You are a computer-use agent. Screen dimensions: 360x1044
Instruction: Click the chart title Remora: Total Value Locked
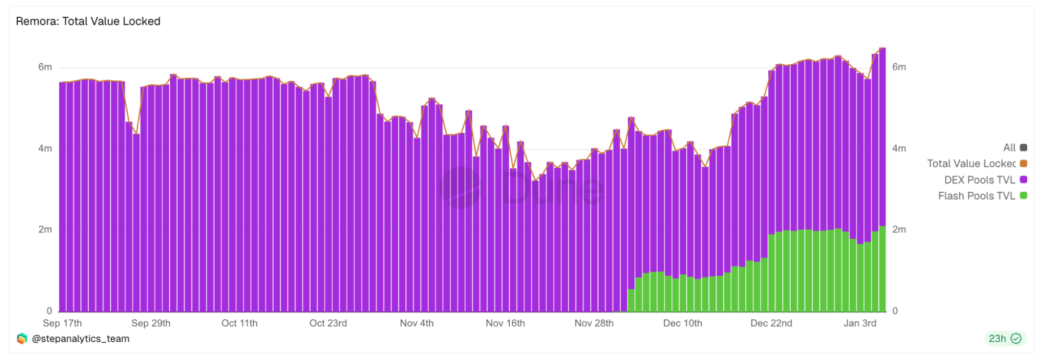point(88,21)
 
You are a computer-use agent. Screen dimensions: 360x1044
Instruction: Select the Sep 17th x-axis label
point(62,323)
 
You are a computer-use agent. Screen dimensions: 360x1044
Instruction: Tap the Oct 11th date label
point(239,323)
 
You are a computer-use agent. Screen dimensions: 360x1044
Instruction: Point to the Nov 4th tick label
point(416,323)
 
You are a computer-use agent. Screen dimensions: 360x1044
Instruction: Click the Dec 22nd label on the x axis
point(771,323)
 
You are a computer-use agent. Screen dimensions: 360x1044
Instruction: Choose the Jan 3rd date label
point(860,323)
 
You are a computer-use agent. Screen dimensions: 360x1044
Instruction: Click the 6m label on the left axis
point(45,67)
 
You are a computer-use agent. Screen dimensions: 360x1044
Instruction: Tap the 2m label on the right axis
point(899,229)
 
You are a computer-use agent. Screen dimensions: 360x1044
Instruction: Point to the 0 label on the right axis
point(895,311)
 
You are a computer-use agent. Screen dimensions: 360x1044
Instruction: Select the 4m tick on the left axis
point(45,148)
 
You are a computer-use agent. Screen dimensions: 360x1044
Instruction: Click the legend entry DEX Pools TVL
point(979,180)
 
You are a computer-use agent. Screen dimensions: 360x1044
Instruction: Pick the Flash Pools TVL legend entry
point(976,196)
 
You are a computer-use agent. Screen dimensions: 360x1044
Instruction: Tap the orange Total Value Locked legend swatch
point(1024,164)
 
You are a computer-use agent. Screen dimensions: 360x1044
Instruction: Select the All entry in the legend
point(1009,148)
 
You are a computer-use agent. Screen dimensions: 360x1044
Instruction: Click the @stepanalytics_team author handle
point(80,339)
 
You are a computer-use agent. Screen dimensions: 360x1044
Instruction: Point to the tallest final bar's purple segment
point(882,136)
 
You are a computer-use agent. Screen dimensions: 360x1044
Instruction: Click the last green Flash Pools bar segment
point(882,269)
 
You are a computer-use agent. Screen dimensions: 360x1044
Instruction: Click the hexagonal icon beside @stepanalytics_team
point(22,339)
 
